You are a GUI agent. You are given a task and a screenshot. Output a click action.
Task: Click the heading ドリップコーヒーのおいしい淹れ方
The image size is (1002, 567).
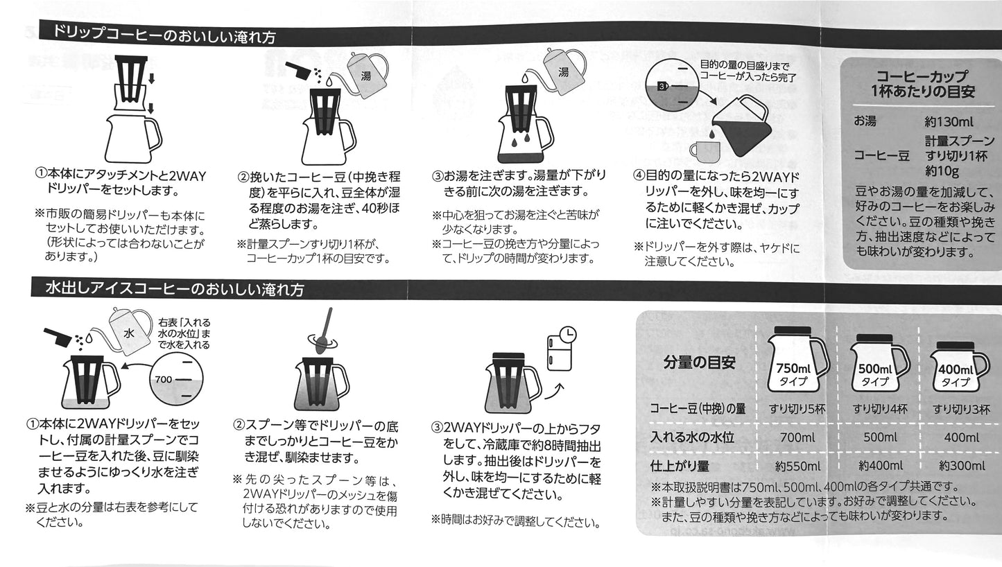tap(164, 35)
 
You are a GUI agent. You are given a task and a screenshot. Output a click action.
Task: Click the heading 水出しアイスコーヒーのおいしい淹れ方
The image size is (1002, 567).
tap(175, 288)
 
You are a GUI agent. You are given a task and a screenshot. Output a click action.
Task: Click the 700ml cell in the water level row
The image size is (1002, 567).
tap(797, 437)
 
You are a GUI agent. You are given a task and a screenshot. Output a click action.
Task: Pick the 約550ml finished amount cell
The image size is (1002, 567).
tap(797, 466)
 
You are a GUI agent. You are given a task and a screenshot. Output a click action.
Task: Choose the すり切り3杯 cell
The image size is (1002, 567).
tap(961, 409)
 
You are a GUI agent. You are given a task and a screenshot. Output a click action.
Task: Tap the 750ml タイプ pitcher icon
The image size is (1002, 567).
tap(797, 359)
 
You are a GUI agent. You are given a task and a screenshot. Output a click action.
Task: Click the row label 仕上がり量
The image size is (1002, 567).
tap(680, 466)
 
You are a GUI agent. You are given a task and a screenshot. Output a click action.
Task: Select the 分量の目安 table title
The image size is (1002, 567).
tap(699, 363)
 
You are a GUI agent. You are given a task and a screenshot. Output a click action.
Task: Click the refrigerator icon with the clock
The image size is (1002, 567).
tap(562, 349)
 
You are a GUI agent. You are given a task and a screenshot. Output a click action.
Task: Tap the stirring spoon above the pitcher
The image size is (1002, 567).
tap(325, 331)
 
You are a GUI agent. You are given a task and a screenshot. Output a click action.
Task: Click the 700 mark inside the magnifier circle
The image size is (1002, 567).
tap(163, 379)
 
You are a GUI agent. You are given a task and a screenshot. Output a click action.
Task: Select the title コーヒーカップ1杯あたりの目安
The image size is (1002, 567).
tap(922, 84)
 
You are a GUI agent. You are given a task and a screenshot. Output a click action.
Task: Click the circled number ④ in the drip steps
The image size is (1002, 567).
tap(639, 175)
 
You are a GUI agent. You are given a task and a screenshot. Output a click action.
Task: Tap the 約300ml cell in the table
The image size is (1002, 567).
tap(962, 466)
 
